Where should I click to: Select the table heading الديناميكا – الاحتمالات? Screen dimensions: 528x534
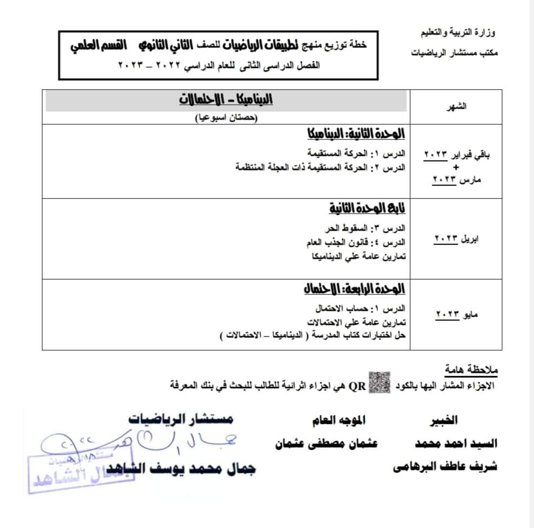point(226,100)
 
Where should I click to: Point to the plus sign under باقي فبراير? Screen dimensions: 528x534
point(456,167)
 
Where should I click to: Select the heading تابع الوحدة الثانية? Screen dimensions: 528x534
point(367,208)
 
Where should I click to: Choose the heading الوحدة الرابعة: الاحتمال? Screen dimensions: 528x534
point(354,289)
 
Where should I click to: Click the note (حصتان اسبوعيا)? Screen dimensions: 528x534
point(227,117)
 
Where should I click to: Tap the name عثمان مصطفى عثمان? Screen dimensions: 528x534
point(326,444)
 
